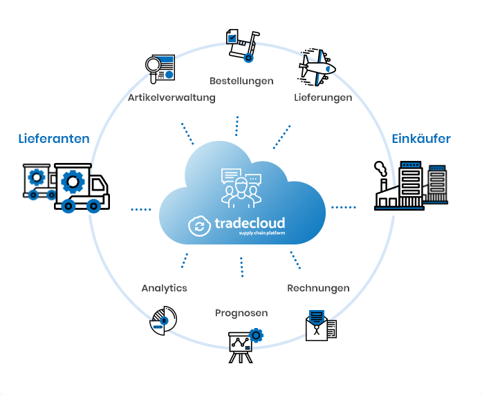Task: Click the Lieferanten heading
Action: pos(54,139)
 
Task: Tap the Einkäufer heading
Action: pos(421,139)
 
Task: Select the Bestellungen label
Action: pos(241,81)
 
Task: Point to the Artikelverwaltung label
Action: pos(172,97)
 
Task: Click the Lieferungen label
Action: pos(323,97)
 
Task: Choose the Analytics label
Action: pos(164,288)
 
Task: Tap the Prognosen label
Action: pos(241,313)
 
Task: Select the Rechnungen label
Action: pos(318,288)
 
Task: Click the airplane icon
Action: pos(317,68)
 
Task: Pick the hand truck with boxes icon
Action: pos(243,46)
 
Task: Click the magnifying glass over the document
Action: pos(160,69)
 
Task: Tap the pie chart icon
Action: pos(163,320)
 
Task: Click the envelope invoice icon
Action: pos(322,325)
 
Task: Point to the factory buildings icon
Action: pos(411,186)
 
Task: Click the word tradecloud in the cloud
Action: pos(250,223)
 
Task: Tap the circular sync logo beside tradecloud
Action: pos(199,226)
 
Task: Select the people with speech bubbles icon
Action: pos(241,188)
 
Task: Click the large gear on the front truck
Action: pos(73,182)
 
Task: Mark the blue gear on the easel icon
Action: pos(256,336)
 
